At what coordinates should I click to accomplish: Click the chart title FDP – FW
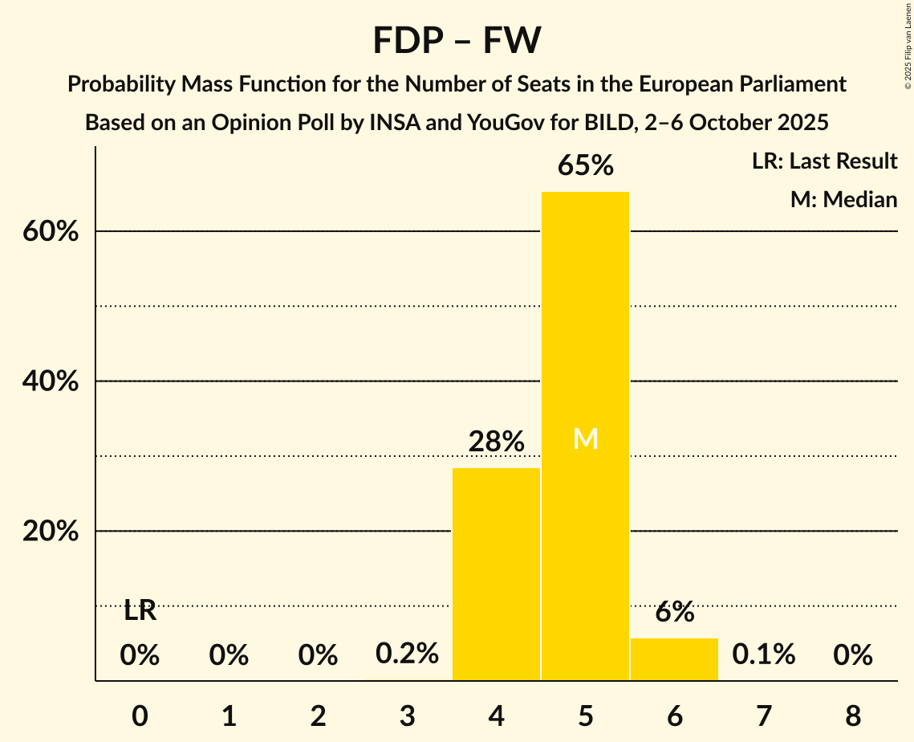click(x=457, y=40)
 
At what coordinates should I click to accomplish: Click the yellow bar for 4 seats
click(x=496, y=574)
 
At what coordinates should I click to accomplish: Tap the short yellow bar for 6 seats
click(x=674, y=659)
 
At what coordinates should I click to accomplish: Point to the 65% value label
click(x=586, y=166)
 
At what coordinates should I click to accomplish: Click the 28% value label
click(x=497, y=442)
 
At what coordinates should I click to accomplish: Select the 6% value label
click(x=674, y=612)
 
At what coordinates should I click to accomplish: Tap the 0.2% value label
click(x=408, y=654)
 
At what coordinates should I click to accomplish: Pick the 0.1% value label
click(x=763, y=654)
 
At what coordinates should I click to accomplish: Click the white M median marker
click(x=586, y=438)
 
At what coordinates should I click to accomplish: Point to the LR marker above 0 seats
click(x=140, y=611)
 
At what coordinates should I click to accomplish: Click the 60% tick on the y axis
click(x=50, y=232)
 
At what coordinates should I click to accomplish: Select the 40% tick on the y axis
click(x=50, y=382)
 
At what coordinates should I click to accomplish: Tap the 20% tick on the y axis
click(x=50, y=532)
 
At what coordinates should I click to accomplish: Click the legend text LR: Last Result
click(x=824, y=161)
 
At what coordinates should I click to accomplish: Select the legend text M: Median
click(x=843, y=200)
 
